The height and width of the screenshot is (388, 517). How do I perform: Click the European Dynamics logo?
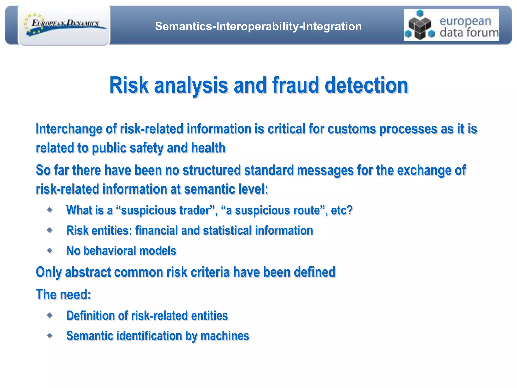[x=65, y=25]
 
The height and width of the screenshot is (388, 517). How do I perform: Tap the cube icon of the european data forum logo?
[x=420, y=25]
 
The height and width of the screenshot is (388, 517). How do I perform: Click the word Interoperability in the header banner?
[x=257, y=26]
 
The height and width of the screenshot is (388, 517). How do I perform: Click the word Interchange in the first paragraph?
[x=69, y=129]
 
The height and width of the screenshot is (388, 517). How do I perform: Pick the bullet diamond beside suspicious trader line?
[x=50, y=210]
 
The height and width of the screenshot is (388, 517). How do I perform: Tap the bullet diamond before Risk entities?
[x=50, y=230]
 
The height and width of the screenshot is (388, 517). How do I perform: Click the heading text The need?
[x=63, y=295]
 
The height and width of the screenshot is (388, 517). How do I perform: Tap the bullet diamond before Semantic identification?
[x=50, y=335]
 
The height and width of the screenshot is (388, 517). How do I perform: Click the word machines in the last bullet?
[x=225, y=336]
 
